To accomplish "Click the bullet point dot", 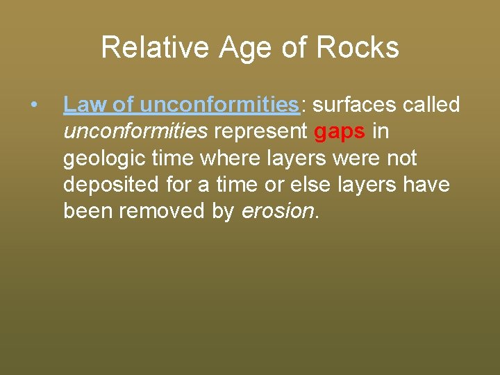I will tap(33, 106).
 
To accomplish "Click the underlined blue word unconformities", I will tap(219, 105).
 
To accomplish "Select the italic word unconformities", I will tap(135, 132).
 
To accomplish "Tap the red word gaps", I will tap(340, 132).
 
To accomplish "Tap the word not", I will tap(401, 159).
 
